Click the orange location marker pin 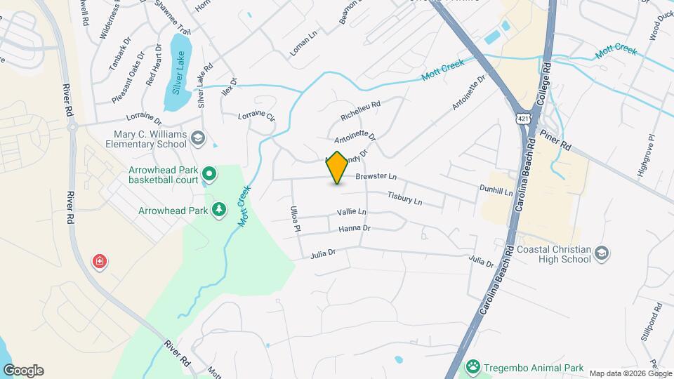[x=337, y=168]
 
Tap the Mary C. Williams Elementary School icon [x=197, y=138]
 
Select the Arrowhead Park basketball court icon [x=209, y=173]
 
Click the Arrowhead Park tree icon [x=219, y=210]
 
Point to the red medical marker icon [x=100, y=262]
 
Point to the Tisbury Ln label [x=404, y=199]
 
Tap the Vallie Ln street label [x=351, y=212]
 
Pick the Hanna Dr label [x=354, y=228]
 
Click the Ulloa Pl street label [x=296, y=219]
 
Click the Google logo [x=23, y=371]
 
